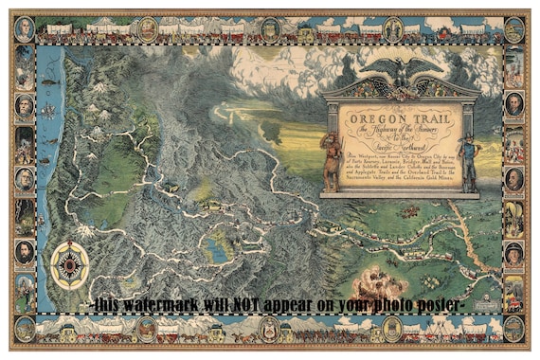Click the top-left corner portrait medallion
coord(25,28)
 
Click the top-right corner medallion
coord(513,28)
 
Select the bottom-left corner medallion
coord(25,329)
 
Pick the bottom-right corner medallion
coord(513,329)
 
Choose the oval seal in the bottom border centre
coord(270,330)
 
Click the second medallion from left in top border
coord(148,28)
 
